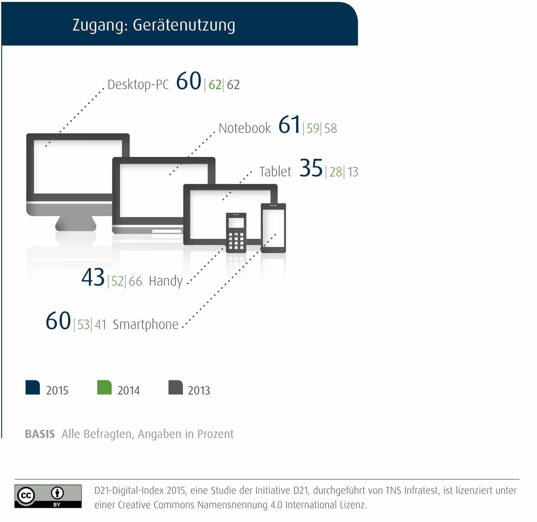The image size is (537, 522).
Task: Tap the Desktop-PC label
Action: coord(138,85)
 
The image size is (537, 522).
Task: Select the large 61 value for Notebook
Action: coord(289,125)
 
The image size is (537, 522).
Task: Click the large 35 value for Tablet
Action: coord(311,168)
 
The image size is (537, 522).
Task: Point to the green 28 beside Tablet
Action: coord(335,172)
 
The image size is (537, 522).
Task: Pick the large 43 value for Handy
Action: coord(93,277)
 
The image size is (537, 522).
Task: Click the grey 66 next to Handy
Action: coord(135,281)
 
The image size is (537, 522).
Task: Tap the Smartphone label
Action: coord(146,325)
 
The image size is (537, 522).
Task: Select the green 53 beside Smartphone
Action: coord(84,325)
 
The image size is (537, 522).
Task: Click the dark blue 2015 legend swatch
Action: coord(33,387)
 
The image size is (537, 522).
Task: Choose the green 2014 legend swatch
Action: coord(104,387)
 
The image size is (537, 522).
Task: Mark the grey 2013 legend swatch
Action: coord(176,387)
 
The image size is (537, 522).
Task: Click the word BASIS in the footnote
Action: coord(40,434)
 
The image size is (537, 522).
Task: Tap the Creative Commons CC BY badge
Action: coord(48,496)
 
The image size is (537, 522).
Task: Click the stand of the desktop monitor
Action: coord(76,223)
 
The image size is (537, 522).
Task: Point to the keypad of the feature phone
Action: coord(236,241)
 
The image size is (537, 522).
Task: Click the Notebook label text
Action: coord(245,128)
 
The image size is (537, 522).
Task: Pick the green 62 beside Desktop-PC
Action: coord(215,85)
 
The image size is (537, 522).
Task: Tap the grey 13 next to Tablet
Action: coord(352,172)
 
